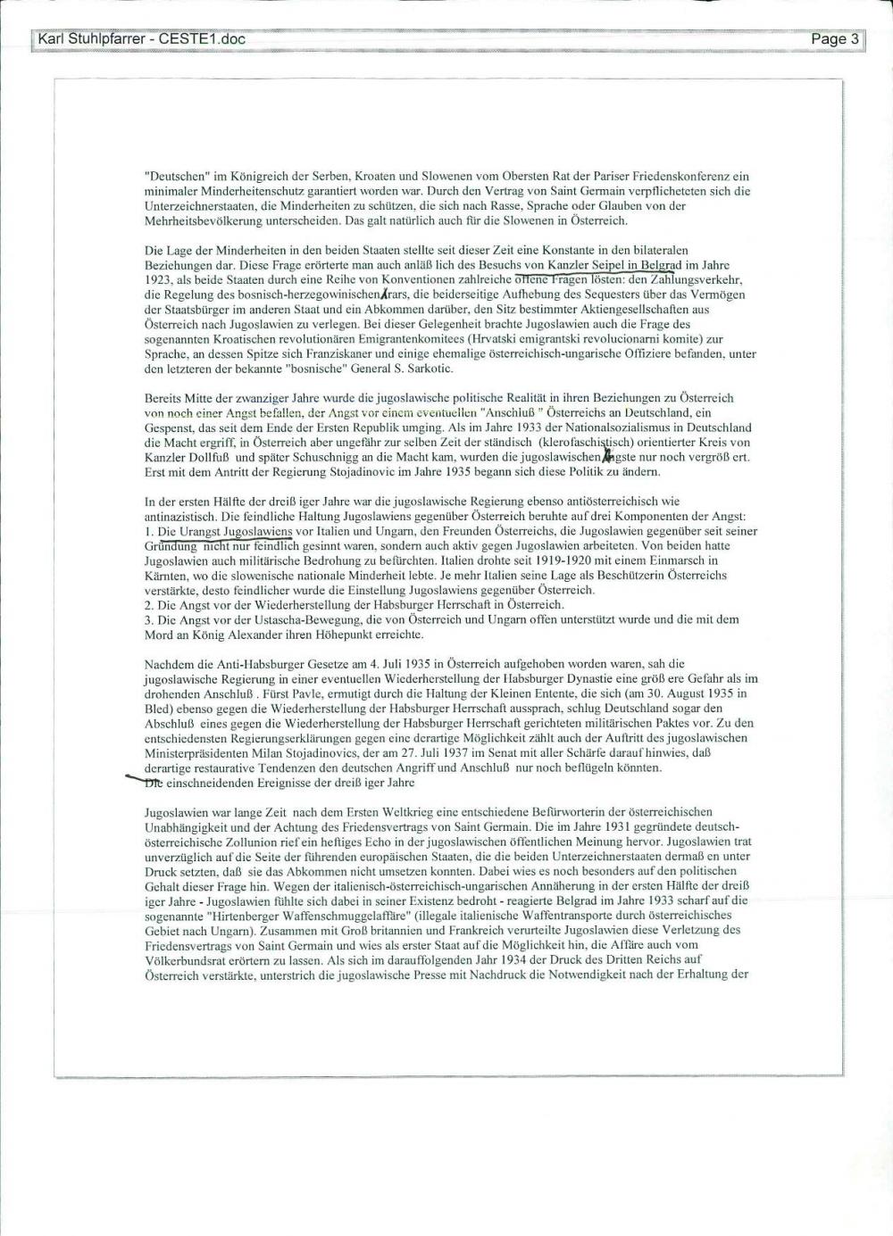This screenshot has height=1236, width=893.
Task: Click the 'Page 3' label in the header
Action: pyautogui.click(x=835, y=39)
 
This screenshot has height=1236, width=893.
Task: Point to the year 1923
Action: pyautogui.click(x=158, y=279)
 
